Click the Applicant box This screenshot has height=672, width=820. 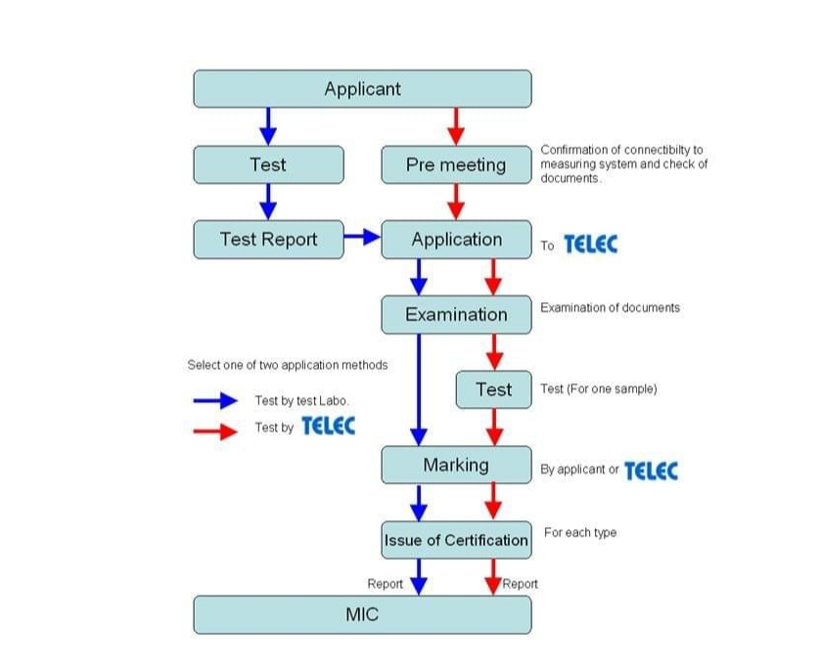pyautogui.click(x=362, y=89)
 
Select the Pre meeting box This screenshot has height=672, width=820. pyautogui.click(x=456, y=164)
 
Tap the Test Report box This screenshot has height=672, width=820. pyautogui.click(x=268, y=240)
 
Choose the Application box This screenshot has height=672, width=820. pyautogui.click(x=456, y=240)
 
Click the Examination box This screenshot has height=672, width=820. pyautogui.click(x=456, y=314)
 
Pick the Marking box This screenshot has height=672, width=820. pyautogui.click(x=456, y=465)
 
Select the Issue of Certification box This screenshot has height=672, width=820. pyautogui.click(x=456, y=540)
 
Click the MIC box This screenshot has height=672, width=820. pyautogui.click(x=362, y=615)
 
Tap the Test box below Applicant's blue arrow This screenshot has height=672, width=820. pyautogui.click(x=268, y=164)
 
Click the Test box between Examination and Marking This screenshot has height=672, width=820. pyautogui.click(x=493, y=389)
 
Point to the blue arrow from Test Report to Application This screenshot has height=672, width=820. pyautogui.click(x=362, y=237)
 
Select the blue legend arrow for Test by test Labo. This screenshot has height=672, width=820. pyautogui.click(x=215, y=400)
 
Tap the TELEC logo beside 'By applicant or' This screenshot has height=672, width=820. pyautogui.click(x=651, y=470)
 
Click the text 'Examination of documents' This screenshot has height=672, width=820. pyautogui.click(x=610, y=307)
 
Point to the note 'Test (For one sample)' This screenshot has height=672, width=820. pyautogui.click(x=598, y=388)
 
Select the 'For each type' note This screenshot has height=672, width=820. pyautogui.click(x=580, y=533)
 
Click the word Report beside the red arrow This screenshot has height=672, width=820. pyautogui.click(x=521, y=584)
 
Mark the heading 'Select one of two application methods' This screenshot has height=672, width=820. pyautogui.click(x=288, y=365)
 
